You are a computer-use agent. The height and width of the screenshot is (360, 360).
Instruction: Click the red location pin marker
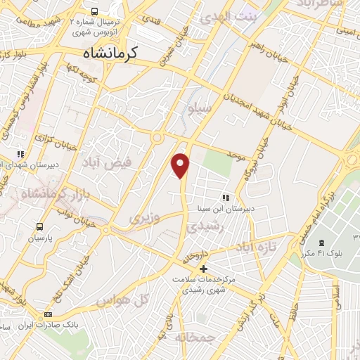(181, 165)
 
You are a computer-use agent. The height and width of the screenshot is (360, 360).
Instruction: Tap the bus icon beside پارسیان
(39, 226)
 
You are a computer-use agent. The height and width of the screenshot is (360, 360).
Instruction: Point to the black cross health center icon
(203, 269)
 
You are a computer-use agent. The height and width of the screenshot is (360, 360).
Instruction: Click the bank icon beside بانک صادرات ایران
(48, 314)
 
